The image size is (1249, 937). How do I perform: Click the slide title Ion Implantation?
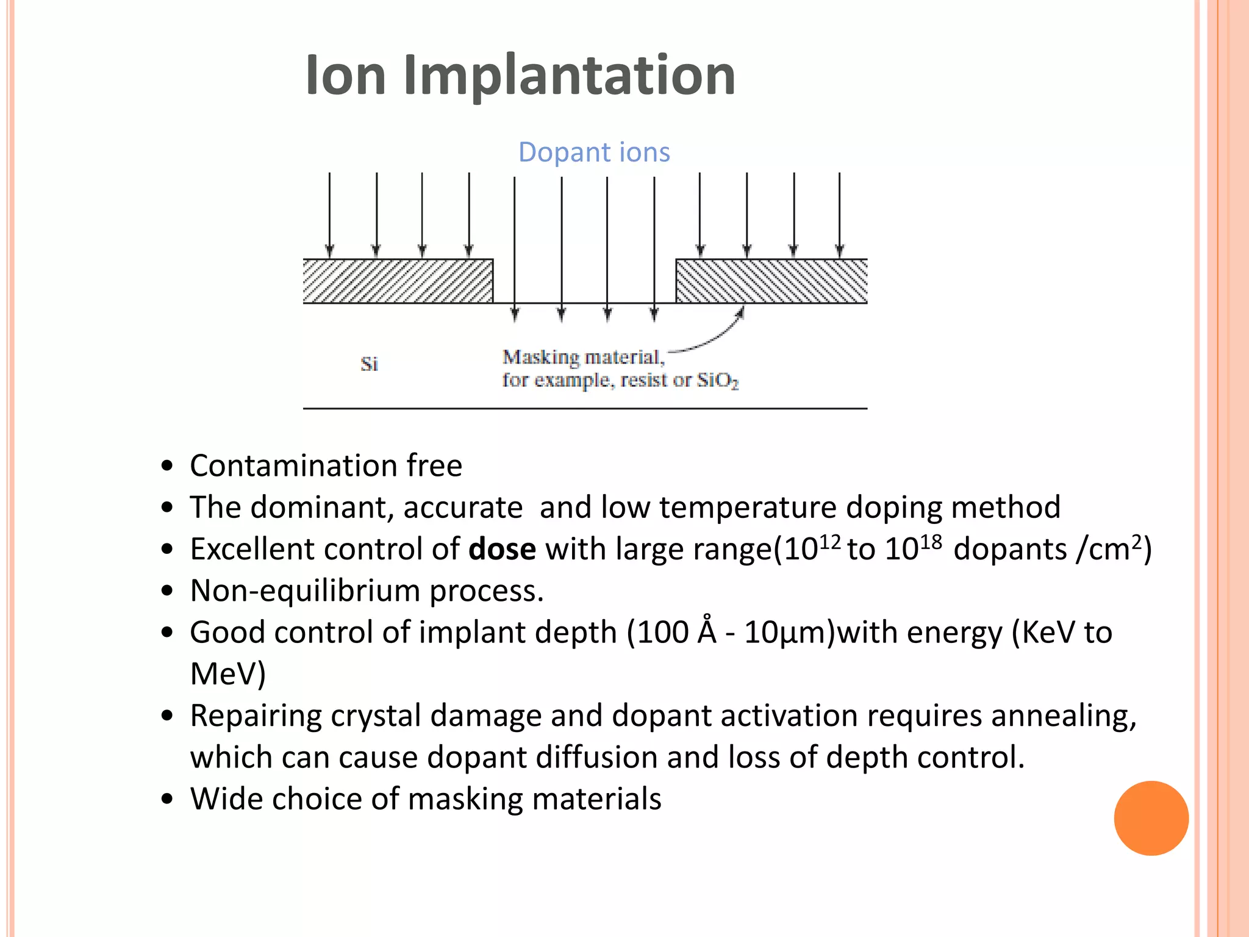pos(520,75)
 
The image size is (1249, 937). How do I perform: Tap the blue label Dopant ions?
pos(593,152)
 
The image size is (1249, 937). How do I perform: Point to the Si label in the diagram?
pos(369,364)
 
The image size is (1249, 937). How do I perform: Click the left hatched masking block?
pos(398,281)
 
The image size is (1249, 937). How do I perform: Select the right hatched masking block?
pos(771,281)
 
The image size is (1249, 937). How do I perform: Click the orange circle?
pos(1151,818)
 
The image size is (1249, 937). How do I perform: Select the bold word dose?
pos(502,549)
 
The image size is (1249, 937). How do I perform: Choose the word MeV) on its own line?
pos(227,674)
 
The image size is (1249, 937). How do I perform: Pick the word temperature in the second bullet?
pos(748,508)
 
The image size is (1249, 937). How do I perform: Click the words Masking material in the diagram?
pos(582,357)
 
